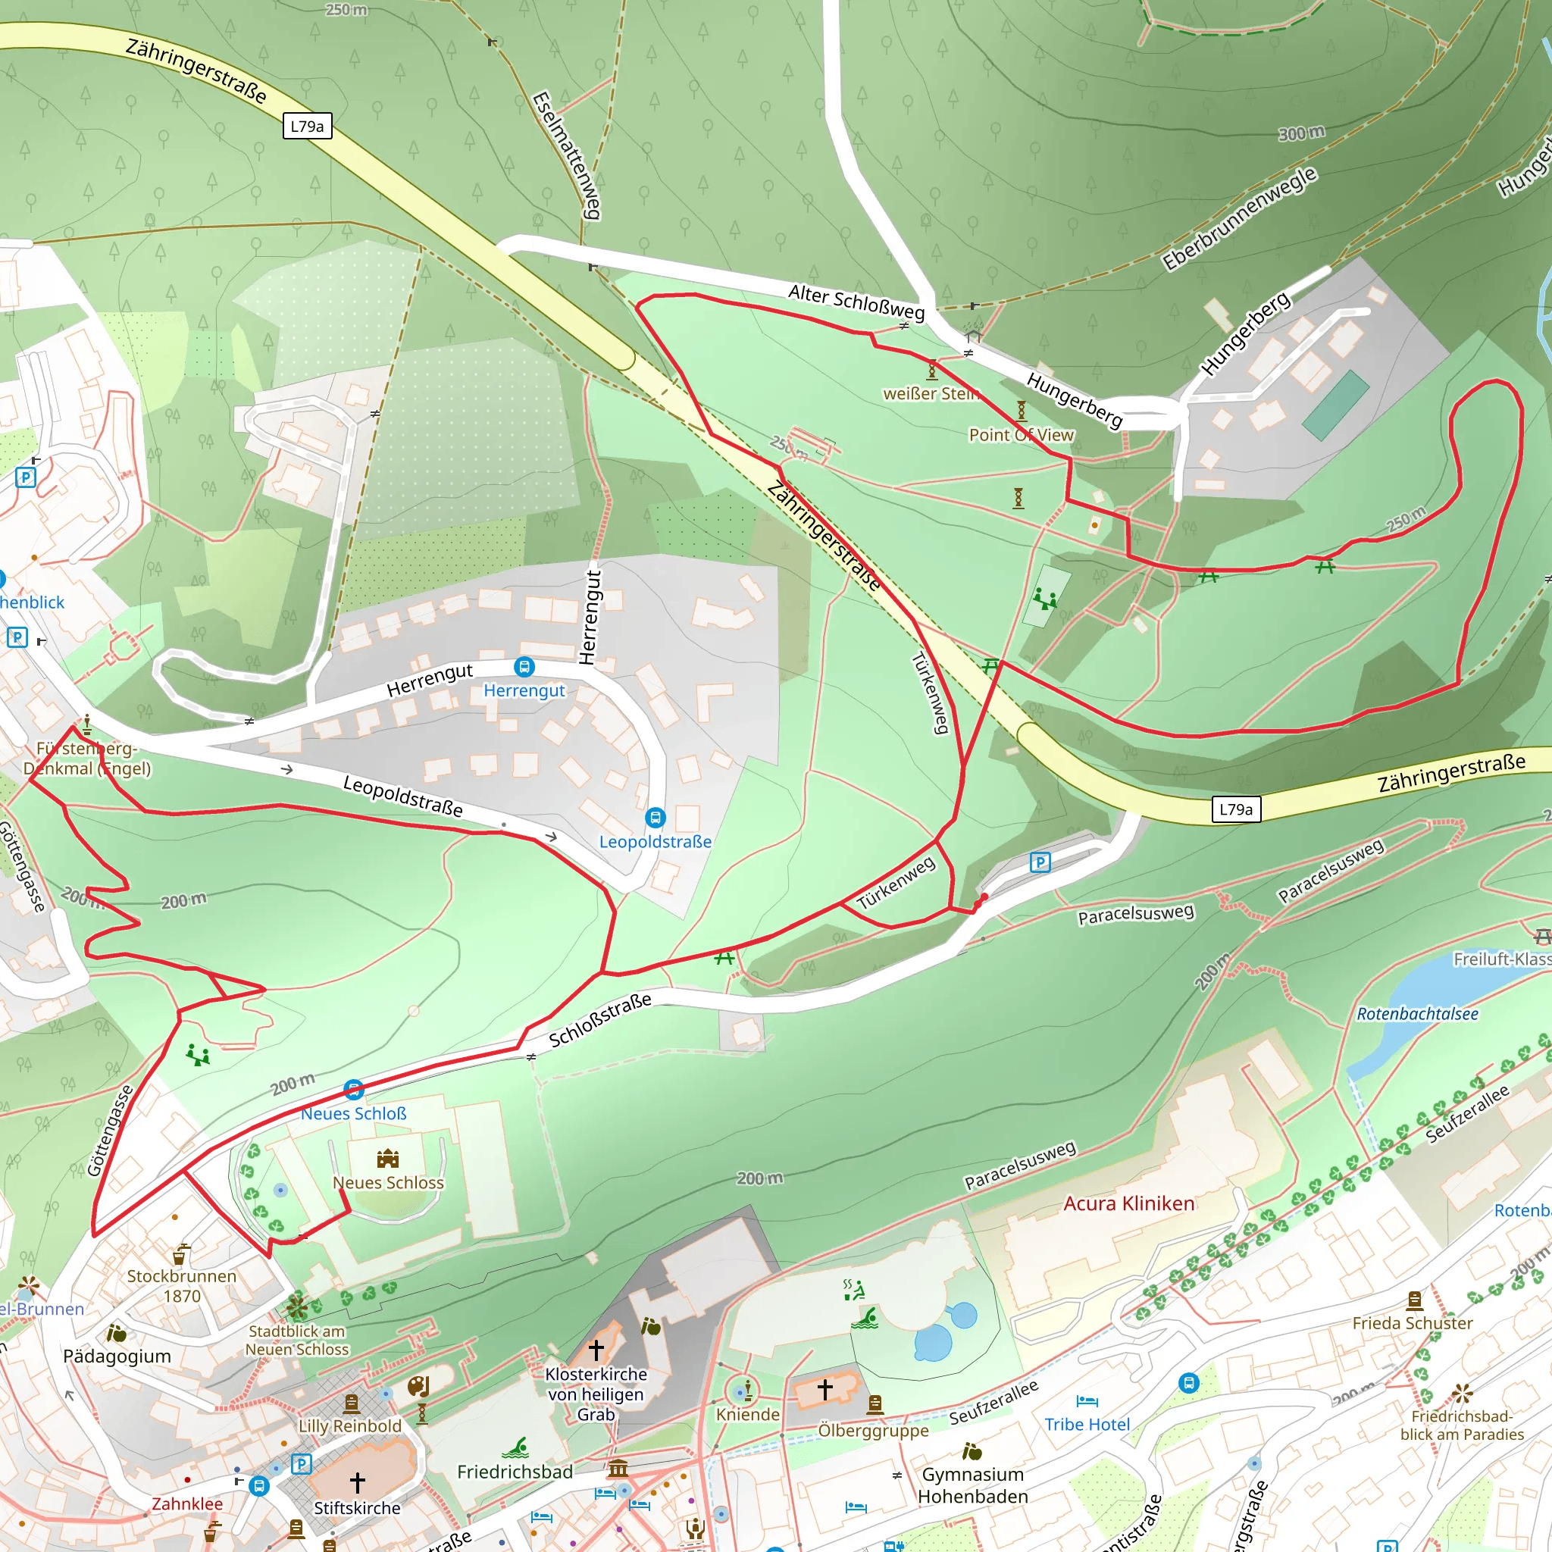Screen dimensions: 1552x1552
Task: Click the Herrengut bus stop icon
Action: point(524,667)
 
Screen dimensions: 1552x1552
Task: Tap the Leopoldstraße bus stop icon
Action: point(656,818)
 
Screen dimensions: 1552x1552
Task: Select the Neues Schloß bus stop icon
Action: point(353,1090)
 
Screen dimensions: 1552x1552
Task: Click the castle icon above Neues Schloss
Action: point(388,1159)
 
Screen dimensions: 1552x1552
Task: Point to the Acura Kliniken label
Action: point(1128,1203)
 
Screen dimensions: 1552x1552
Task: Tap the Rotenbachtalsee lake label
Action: point(1417,1014)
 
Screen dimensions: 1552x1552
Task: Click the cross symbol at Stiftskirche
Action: point(358,1482)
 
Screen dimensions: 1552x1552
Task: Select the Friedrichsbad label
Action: point(515,1472)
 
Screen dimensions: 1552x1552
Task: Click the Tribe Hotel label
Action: point(1087,1424)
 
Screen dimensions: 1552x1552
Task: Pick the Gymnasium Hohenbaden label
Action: point(973,1485)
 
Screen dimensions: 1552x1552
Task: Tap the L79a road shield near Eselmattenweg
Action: point(307,126)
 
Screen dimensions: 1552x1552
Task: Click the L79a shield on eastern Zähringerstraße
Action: point(1235,809)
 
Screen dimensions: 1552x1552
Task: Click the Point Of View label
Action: point(1021,434)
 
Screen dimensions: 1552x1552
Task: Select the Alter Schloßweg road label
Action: point(856,302)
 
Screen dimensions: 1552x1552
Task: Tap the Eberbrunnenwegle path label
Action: point(1240,218)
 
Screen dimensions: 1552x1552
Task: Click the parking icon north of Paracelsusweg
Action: point(1040,862)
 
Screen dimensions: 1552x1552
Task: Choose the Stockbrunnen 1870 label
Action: point(182,1285)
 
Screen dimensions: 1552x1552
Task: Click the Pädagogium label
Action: point(117,1356)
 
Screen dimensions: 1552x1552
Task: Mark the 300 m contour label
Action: point(1301,133)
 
